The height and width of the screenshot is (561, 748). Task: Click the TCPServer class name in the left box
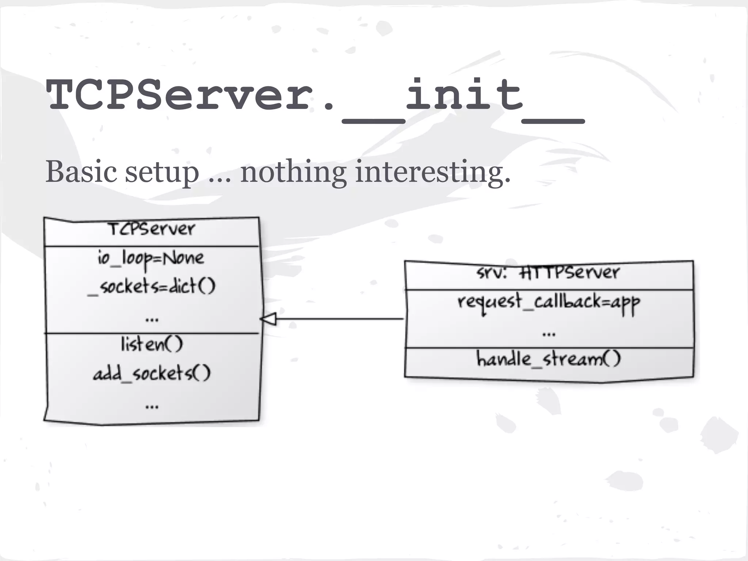152,229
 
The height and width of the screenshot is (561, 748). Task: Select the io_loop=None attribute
151,259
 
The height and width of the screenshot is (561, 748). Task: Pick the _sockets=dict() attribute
152,286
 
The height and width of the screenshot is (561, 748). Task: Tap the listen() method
152,344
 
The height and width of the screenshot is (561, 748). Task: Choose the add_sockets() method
152,373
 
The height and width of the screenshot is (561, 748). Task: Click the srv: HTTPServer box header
548,272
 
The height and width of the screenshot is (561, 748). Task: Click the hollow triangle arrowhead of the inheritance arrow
269,319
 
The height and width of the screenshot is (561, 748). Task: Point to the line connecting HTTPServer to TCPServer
340,319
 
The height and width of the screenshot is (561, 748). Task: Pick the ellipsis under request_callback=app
549,333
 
